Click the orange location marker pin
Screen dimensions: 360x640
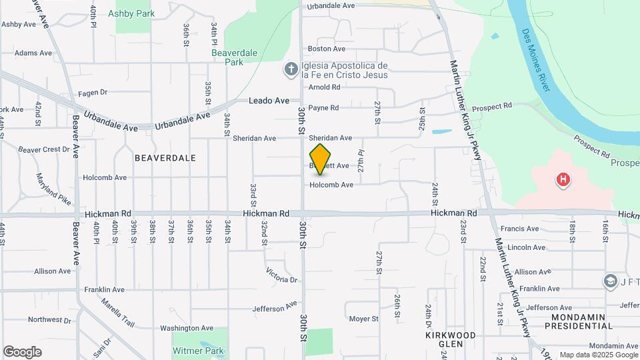click(321, 159)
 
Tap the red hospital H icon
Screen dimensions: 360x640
click(563, 179)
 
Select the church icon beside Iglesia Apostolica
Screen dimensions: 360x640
click(291, 69)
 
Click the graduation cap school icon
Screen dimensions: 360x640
click(610, 281)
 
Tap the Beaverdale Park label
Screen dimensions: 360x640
click(227, 57)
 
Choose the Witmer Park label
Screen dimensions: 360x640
click(198, 351)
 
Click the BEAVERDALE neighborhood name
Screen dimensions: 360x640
click(165, 158)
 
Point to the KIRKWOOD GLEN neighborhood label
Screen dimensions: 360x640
click(451, 339)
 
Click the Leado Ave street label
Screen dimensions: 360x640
click(269, 101)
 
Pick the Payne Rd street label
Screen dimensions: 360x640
click(323, 107)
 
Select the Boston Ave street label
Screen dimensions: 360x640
click(327, 49)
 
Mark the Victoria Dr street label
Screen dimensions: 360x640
click(281, 275)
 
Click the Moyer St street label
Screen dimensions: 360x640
click(363, 319)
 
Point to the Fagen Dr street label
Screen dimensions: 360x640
click(92, 93)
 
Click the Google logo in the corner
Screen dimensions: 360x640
click(22, 352)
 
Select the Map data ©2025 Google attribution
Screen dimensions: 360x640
click(597, 355)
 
